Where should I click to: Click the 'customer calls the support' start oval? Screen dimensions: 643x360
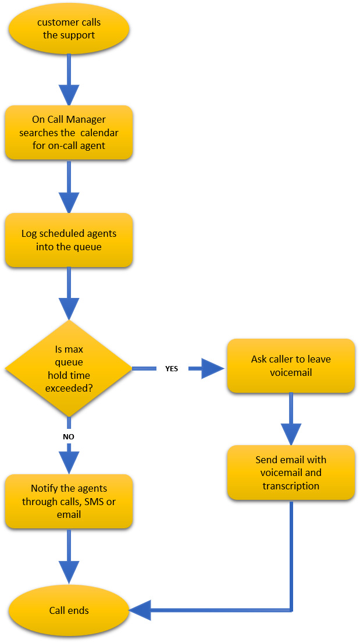[x=69, y=29]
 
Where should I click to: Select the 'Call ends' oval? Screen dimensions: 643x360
[x=69, y=610]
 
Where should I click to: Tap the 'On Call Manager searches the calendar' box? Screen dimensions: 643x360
[x=69, y=132]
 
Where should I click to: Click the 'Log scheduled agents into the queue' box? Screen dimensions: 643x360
[x=69, y=240]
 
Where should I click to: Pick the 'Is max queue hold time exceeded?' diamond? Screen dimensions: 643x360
[x=69, y=368]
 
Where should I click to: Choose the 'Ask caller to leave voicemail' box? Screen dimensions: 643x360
[x=291, y=365]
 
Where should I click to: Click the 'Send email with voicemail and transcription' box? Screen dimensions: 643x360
[x=291, y=473]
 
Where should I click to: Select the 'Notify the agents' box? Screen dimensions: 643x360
[x=69, y=501]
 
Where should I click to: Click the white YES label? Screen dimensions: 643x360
[x=172, y=368]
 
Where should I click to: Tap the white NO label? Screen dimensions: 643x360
[x=69, y=436]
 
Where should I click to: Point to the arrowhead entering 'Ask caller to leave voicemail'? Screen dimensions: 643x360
[x=213, y=368]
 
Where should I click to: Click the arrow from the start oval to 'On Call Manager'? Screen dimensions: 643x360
[x=69, y=79]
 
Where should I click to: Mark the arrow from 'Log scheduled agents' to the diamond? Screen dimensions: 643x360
[x=69, y=294]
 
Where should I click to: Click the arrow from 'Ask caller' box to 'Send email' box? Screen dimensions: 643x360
[x=291, y=419]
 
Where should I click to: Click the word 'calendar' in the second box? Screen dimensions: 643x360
[x=99, y=133]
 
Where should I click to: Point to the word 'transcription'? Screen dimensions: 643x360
[x=291, y=486]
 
